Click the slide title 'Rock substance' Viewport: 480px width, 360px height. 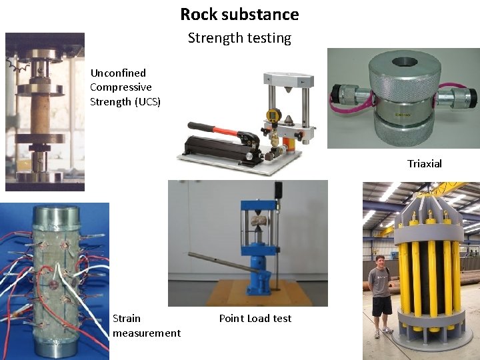click(x=239, y=14)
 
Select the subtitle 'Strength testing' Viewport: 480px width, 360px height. click(x=239, y=38)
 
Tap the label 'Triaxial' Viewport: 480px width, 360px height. click(x=425, y=164)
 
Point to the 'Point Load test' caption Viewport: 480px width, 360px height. click(x=255, y=319)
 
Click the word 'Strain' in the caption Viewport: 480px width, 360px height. click(x=127, y=319)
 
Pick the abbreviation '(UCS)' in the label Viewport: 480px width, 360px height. click(x=148, y=102)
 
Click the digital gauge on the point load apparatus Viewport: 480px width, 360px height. click(x=272, y=115)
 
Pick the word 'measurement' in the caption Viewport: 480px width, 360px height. click(x=147, y=333)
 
